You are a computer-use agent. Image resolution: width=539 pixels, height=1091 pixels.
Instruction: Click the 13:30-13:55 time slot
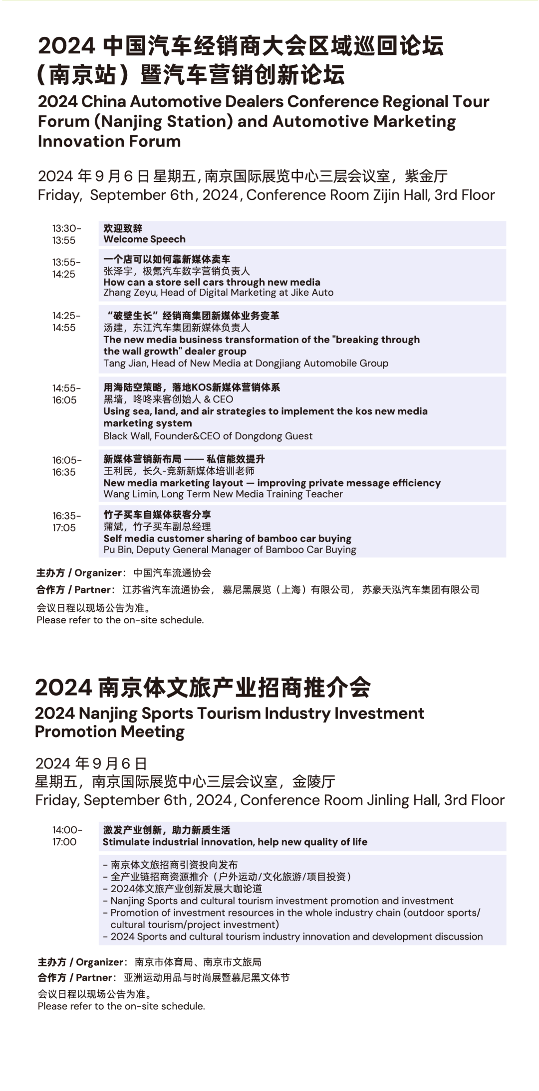point(66,234)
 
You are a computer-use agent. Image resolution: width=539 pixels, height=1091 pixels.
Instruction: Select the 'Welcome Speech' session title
point(144,239)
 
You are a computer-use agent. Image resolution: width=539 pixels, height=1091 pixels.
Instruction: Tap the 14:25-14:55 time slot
point(66,322)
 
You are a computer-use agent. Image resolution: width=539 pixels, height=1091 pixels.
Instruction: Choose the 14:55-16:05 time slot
point(66,394)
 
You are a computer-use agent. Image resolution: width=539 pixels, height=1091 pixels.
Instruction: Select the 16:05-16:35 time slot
point(66,466)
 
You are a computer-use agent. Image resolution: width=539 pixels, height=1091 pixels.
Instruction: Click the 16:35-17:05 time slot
point(66,522)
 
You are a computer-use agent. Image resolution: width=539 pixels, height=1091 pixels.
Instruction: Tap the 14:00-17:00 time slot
point(66,836)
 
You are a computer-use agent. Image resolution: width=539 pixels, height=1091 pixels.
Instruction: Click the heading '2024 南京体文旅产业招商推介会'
point(203,688)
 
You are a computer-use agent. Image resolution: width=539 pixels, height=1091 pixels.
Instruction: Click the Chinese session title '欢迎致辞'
point(123,228)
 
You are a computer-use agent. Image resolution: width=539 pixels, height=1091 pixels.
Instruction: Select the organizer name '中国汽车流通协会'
point(172,573)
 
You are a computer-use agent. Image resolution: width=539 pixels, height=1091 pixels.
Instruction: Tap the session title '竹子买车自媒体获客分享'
point(157,515)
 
